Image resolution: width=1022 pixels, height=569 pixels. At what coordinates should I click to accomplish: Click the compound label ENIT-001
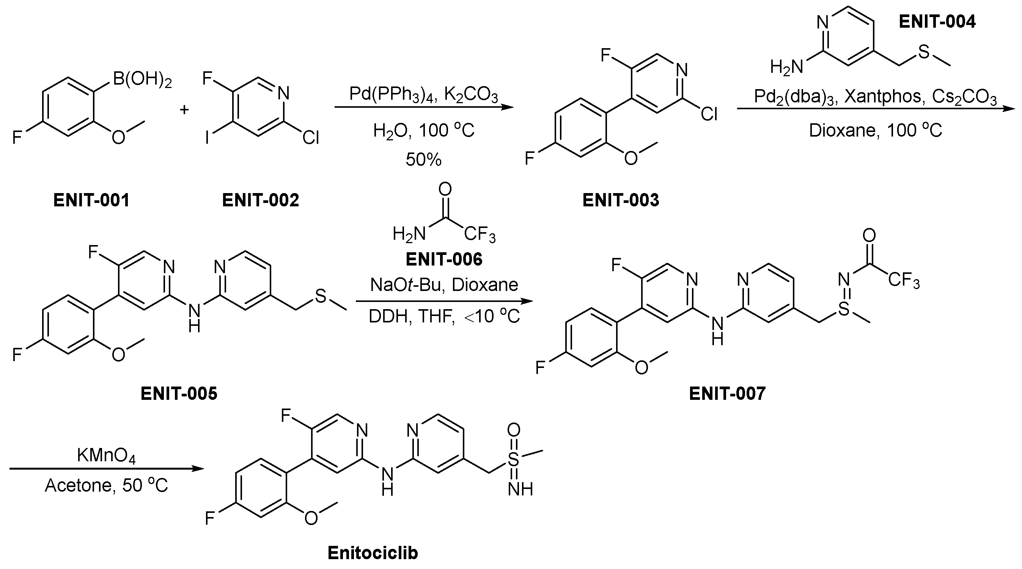click(x=91, y=200)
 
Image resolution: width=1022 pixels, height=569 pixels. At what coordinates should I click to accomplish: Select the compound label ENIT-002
click(x=260, y=200)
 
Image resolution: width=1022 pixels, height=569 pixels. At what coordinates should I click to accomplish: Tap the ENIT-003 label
click(x=621, y=200)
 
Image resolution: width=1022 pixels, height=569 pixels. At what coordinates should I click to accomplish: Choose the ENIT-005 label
click(x=179, y=394)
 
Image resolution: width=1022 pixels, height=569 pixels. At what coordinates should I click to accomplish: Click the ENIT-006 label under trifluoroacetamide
click(x=444, y=259)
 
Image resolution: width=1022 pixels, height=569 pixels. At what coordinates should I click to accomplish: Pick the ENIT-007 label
click(x=727, y=394)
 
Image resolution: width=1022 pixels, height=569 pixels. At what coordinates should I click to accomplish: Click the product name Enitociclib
click(x=373, y=553)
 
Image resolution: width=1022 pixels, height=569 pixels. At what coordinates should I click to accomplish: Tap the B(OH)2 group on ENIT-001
click(x=142, y=79)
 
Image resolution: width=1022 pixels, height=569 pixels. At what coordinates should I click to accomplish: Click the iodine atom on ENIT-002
click(x=207, y=138)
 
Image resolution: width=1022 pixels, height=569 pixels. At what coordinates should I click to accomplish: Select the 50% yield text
click(x=423, y=160)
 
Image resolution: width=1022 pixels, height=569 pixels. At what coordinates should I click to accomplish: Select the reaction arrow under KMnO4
click(x=106, y=469)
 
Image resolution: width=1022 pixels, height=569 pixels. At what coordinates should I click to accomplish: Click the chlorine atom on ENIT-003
click(x=709, y=114)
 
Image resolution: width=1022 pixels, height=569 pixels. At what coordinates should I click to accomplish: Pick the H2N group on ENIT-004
click(x=786, y=67)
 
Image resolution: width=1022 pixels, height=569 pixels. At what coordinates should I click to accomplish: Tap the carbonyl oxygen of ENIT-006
click(x=445, y=189)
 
